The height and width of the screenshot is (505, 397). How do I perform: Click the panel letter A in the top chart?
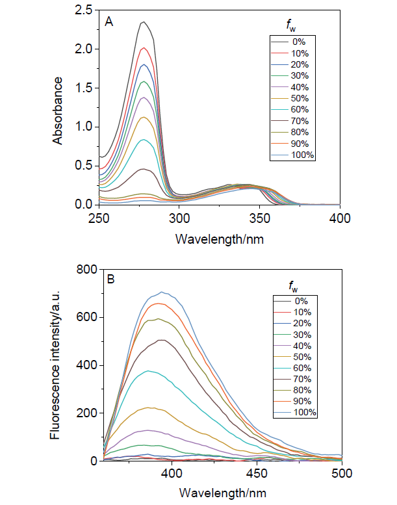(110, 21)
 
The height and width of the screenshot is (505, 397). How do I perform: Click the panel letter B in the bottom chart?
(111, 280)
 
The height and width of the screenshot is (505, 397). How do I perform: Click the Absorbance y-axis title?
(58, 110)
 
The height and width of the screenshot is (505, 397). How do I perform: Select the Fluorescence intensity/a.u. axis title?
(58, 365)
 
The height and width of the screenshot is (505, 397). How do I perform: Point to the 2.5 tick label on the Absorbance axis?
(83, 10)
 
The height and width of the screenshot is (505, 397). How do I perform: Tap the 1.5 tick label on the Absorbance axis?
(83, 88)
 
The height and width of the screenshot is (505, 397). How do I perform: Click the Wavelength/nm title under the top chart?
(220, 238)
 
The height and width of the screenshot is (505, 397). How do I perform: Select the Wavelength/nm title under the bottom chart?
(220, 493)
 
